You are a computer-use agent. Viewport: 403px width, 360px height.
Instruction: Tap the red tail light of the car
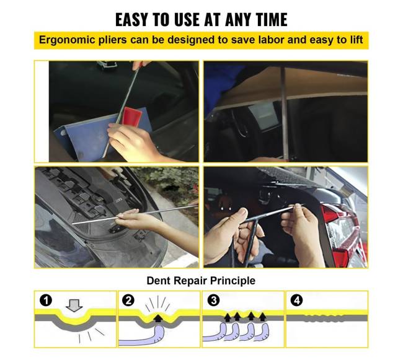(343, 232)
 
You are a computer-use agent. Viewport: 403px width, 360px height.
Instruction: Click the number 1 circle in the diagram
(46, 300)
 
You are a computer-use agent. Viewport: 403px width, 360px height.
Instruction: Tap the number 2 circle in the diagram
(128, 300)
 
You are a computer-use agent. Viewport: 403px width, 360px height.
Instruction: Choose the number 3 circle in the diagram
(213, 300)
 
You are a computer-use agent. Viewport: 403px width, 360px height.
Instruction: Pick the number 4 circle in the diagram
(297, 300)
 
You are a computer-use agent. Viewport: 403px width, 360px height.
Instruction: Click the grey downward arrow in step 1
(74, 305)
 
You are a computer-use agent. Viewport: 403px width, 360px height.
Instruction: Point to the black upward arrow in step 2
(157, 318)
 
